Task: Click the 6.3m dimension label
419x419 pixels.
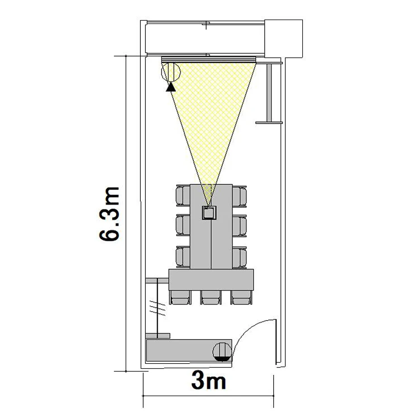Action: pos(109,214)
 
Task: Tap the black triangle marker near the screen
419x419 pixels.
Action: pos(170,87)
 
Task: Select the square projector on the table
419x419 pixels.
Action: pos(209,213)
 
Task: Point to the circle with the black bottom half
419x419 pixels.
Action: pos(222,351)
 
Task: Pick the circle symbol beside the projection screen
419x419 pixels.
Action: pos(171,72)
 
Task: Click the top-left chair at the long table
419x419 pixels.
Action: pos(183,196)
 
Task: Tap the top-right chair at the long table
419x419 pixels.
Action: pos(240,196)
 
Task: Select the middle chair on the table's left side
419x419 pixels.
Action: pos(183,226)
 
